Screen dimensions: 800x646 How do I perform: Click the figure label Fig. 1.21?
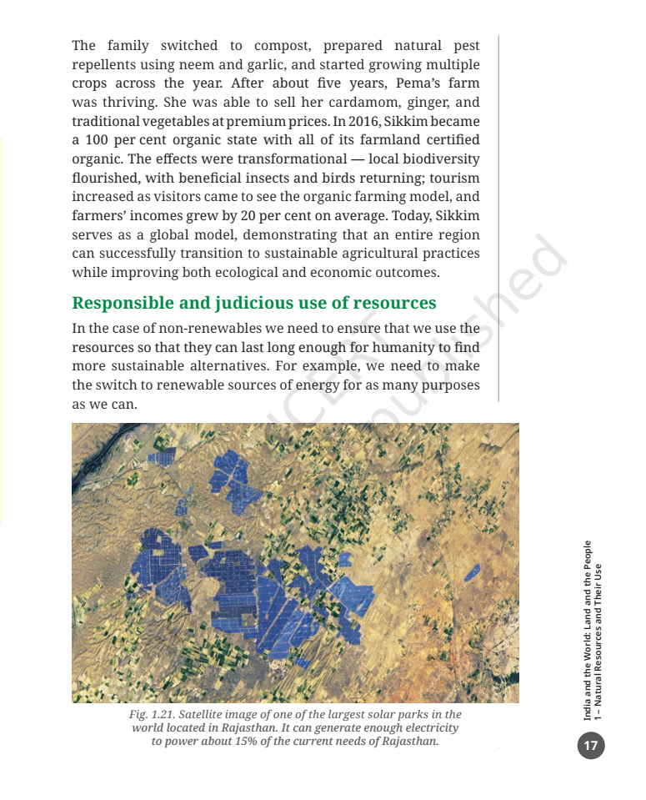point(152,715)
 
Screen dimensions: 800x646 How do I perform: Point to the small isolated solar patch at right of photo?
point(472,571)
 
